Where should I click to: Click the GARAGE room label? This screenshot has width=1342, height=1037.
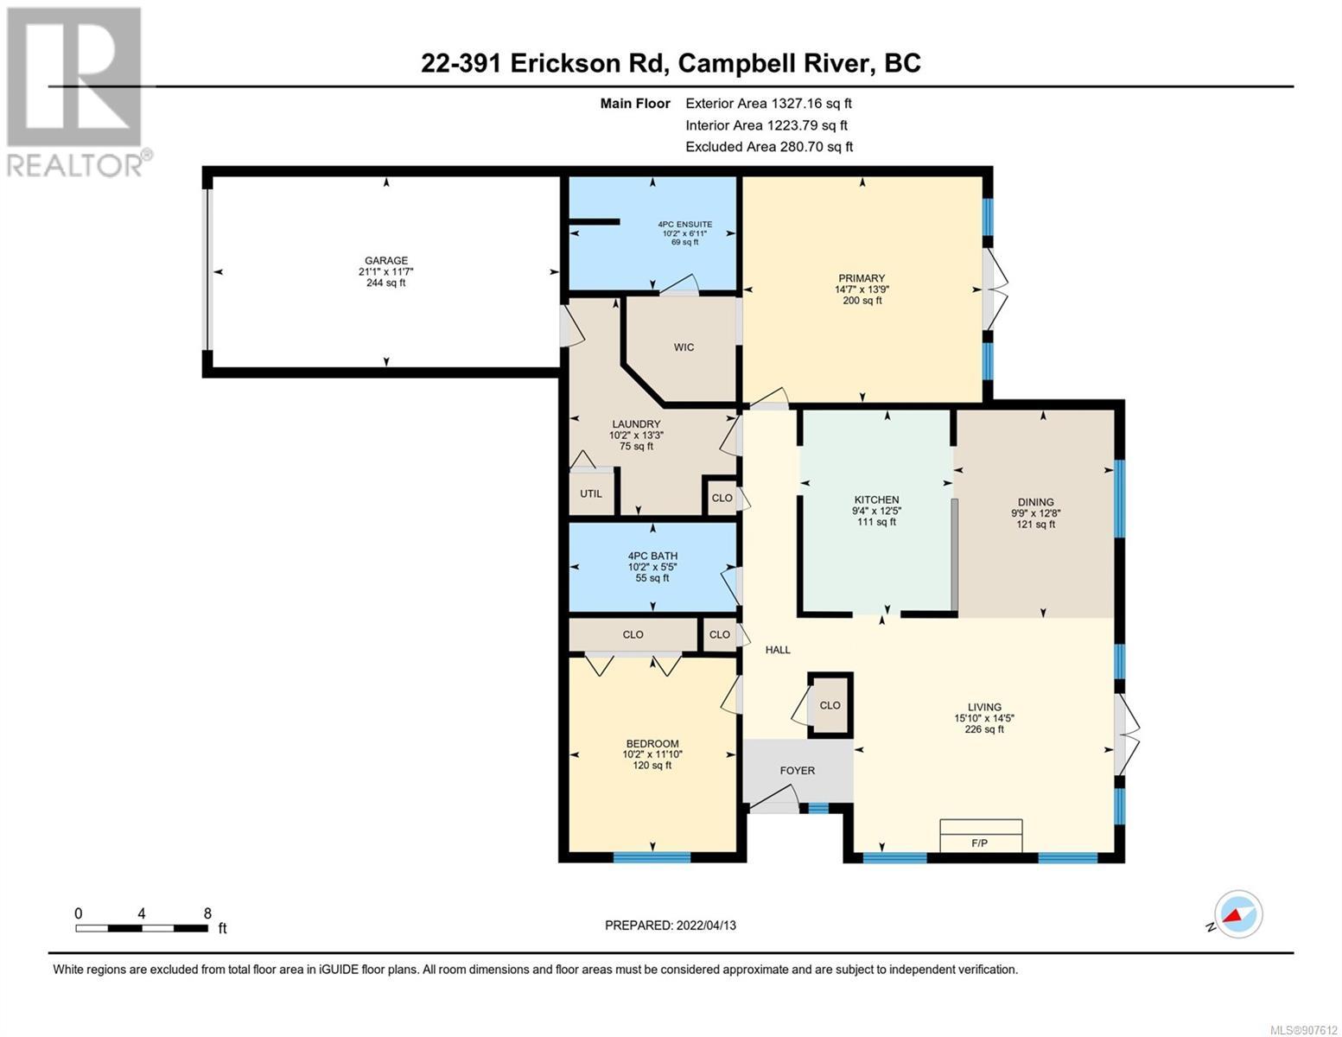[386, 261]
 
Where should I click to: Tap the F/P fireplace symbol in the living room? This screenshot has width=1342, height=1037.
[981, 836]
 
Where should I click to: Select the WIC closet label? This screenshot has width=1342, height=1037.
[684, 347]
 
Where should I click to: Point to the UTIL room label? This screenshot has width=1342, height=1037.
[590, 493]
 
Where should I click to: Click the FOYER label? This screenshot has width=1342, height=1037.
[798, 770]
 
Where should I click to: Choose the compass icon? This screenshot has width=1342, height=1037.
[1238, 914]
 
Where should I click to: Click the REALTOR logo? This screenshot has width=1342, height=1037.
[74, 91]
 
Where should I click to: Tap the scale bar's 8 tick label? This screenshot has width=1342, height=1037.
[207, 913]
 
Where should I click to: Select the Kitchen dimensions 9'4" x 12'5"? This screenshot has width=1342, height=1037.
[876, 511]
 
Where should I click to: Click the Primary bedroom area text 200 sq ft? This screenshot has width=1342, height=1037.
[862, 300]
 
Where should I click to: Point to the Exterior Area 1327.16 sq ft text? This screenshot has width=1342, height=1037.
[768, 103]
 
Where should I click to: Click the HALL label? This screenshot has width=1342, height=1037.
[778, 650]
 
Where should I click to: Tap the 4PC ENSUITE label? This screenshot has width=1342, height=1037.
[684, 224]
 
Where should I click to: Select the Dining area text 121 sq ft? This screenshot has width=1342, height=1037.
[1036, 524]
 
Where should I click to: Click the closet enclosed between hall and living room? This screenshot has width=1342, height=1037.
[830, 704]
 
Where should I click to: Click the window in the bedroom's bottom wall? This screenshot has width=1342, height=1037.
[652, 856]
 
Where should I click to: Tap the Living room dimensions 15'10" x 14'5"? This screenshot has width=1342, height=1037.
[983, 718]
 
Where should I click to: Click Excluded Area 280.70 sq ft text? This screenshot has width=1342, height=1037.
[769, 147]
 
